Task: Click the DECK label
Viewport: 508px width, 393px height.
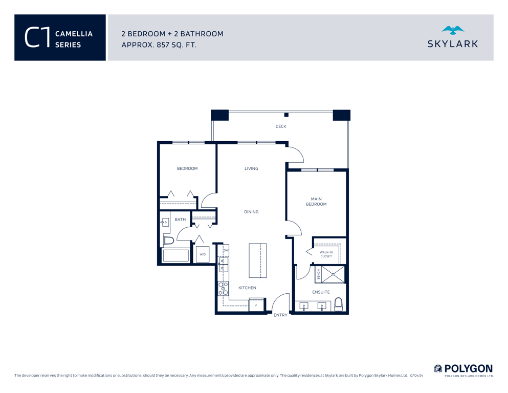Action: [x=280, y=126]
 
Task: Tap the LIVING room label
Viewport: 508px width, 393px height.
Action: [x=251, y=168]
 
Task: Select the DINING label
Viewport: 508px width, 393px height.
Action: [x=251, y=212]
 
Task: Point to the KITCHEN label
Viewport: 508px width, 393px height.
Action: [x=247, y=288]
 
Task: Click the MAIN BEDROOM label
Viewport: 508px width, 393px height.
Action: [x=316, y=202]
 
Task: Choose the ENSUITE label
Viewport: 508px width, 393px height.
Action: [x=321, y=292]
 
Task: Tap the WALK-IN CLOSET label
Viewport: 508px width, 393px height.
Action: [x=326, y=254]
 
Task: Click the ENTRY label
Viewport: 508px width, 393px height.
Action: [x=280, y=315]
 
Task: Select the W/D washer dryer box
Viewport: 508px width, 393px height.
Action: [x=203, y=254]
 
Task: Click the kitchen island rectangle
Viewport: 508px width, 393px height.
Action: [x=257, y=260]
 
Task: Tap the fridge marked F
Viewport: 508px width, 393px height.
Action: [x=256, y=305]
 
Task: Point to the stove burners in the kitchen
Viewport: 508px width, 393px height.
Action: [x=223, y=289]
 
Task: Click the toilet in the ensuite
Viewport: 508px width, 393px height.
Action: [x=338, y=304]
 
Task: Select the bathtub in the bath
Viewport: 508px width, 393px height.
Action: [x=175, y=256]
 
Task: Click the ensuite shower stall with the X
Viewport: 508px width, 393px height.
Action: [x=333, y=274]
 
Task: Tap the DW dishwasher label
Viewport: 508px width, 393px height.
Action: [x=226, y=250]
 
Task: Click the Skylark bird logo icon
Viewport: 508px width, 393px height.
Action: [x=453, y=30]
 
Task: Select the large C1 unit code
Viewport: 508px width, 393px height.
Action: [x=37, y=37]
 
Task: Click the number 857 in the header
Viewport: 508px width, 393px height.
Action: [x=163, y=45]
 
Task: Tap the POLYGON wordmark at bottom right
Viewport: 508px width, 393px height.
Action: [x=468, y=369]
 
